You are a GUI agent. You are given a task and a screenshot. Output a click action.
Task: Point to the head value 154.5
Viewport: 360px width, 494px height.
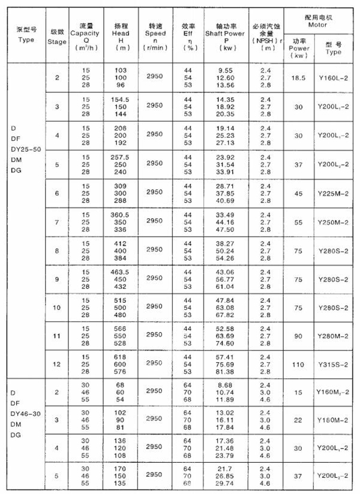click(x=122, y=98)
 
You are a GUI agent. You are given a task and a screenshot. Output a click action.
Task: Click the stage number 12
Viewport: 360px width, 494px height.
click(x=58, y=363)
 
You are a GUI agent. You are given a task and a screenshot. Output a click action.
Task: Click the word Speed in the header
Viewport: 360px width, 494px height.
click(x=155, y=34)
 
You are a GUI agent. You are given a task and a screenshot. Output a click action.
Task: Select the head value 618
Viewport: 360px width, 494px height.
click(x=122, y=356)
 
